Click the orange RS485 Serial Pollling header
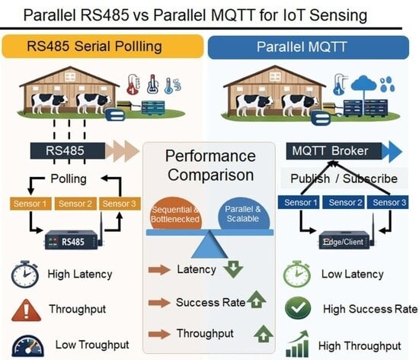pyautogui.click(x=103, y=46)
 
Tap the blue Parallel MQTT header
pyautogui.click(x=309, y=47)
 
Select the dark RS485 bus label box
pyautogui.click(x=68, y=151)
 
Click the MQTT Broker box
pyautogui.click(x=334, y=151)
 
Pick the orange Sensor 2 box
pyautogui.click(x=75, y=204)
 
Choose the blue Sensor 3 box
pyautogui.click(x=388, y=202)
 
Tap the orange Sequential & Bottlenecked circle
pyautogui.click(x=175, y=214)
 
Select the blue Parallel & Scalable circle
pyautogui.click(x=244, y=214)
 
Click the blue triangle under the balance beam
pyautogui.click(x=209, y=246)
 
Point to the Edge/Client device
pyautogui.click(x=344, y=240)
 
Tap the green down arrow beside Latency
pyautogui.click(x=233, y=269)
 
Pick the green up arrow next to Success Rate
pyautogui.click(x=256, y=300)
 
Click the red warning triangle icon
pyautogui.click(x=26, y=310)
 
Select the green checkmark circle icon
pyautogui.click(x=298, y=308)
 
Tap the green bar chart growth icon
pyautogui.click(x=297, y=344)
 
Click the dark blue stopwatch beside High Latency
pyautogui.click(x=25, y=274)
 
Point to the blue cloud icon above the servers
pyautogui.click(x=363, y=83)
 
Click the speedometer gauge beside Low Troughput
pyautogui.click(x=27, y=346)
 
